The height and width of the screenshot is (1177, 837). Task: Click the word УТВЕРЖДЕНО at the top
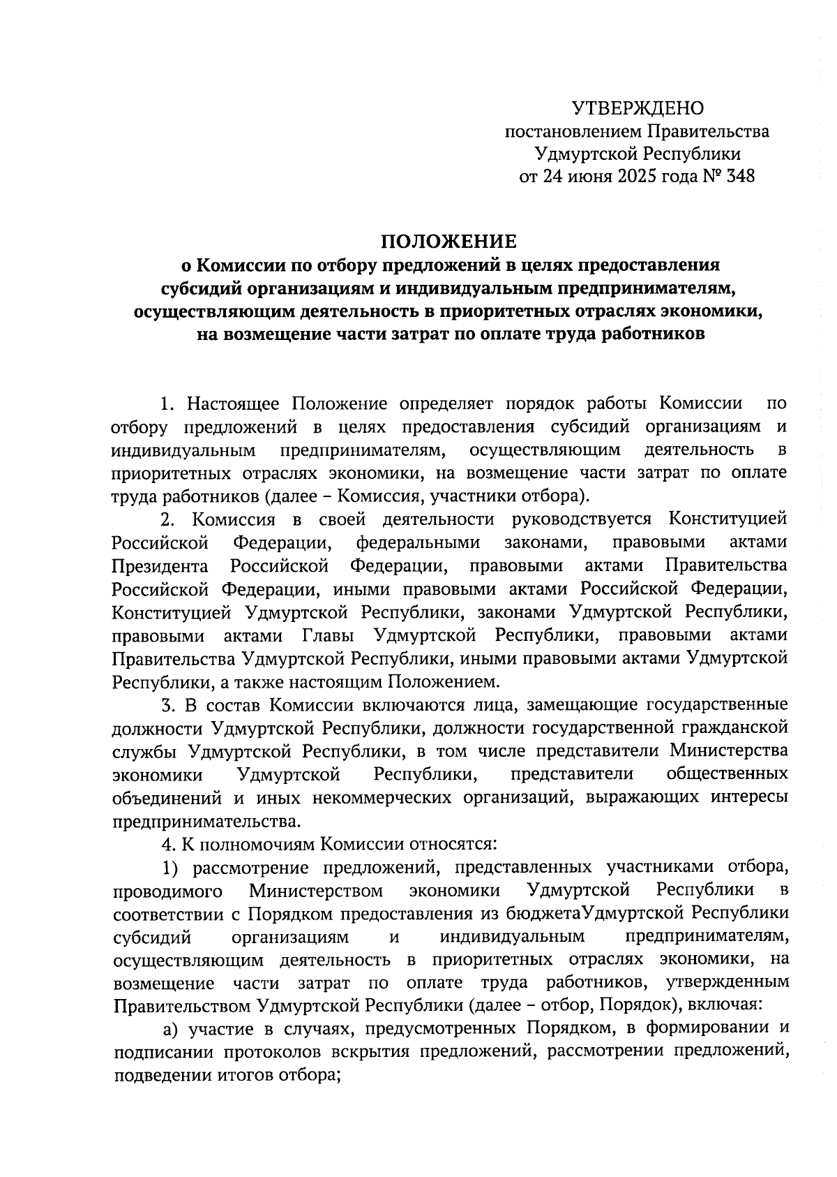pyautogui.click(x=638, y=108)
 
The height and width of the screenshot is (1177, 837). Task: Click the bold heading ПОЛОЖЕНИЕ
pyautogui.click(x=448, y=242)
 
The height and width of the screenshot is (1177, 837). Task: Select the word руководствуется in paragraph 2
pyautogui.click(x=582, y=519)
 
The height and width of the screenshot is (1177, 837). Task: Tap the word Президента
pyautogui.click(x=160, y=565)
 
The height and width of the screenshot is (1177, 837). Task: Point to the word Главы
pyautogui.click(x=328, y=635)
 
